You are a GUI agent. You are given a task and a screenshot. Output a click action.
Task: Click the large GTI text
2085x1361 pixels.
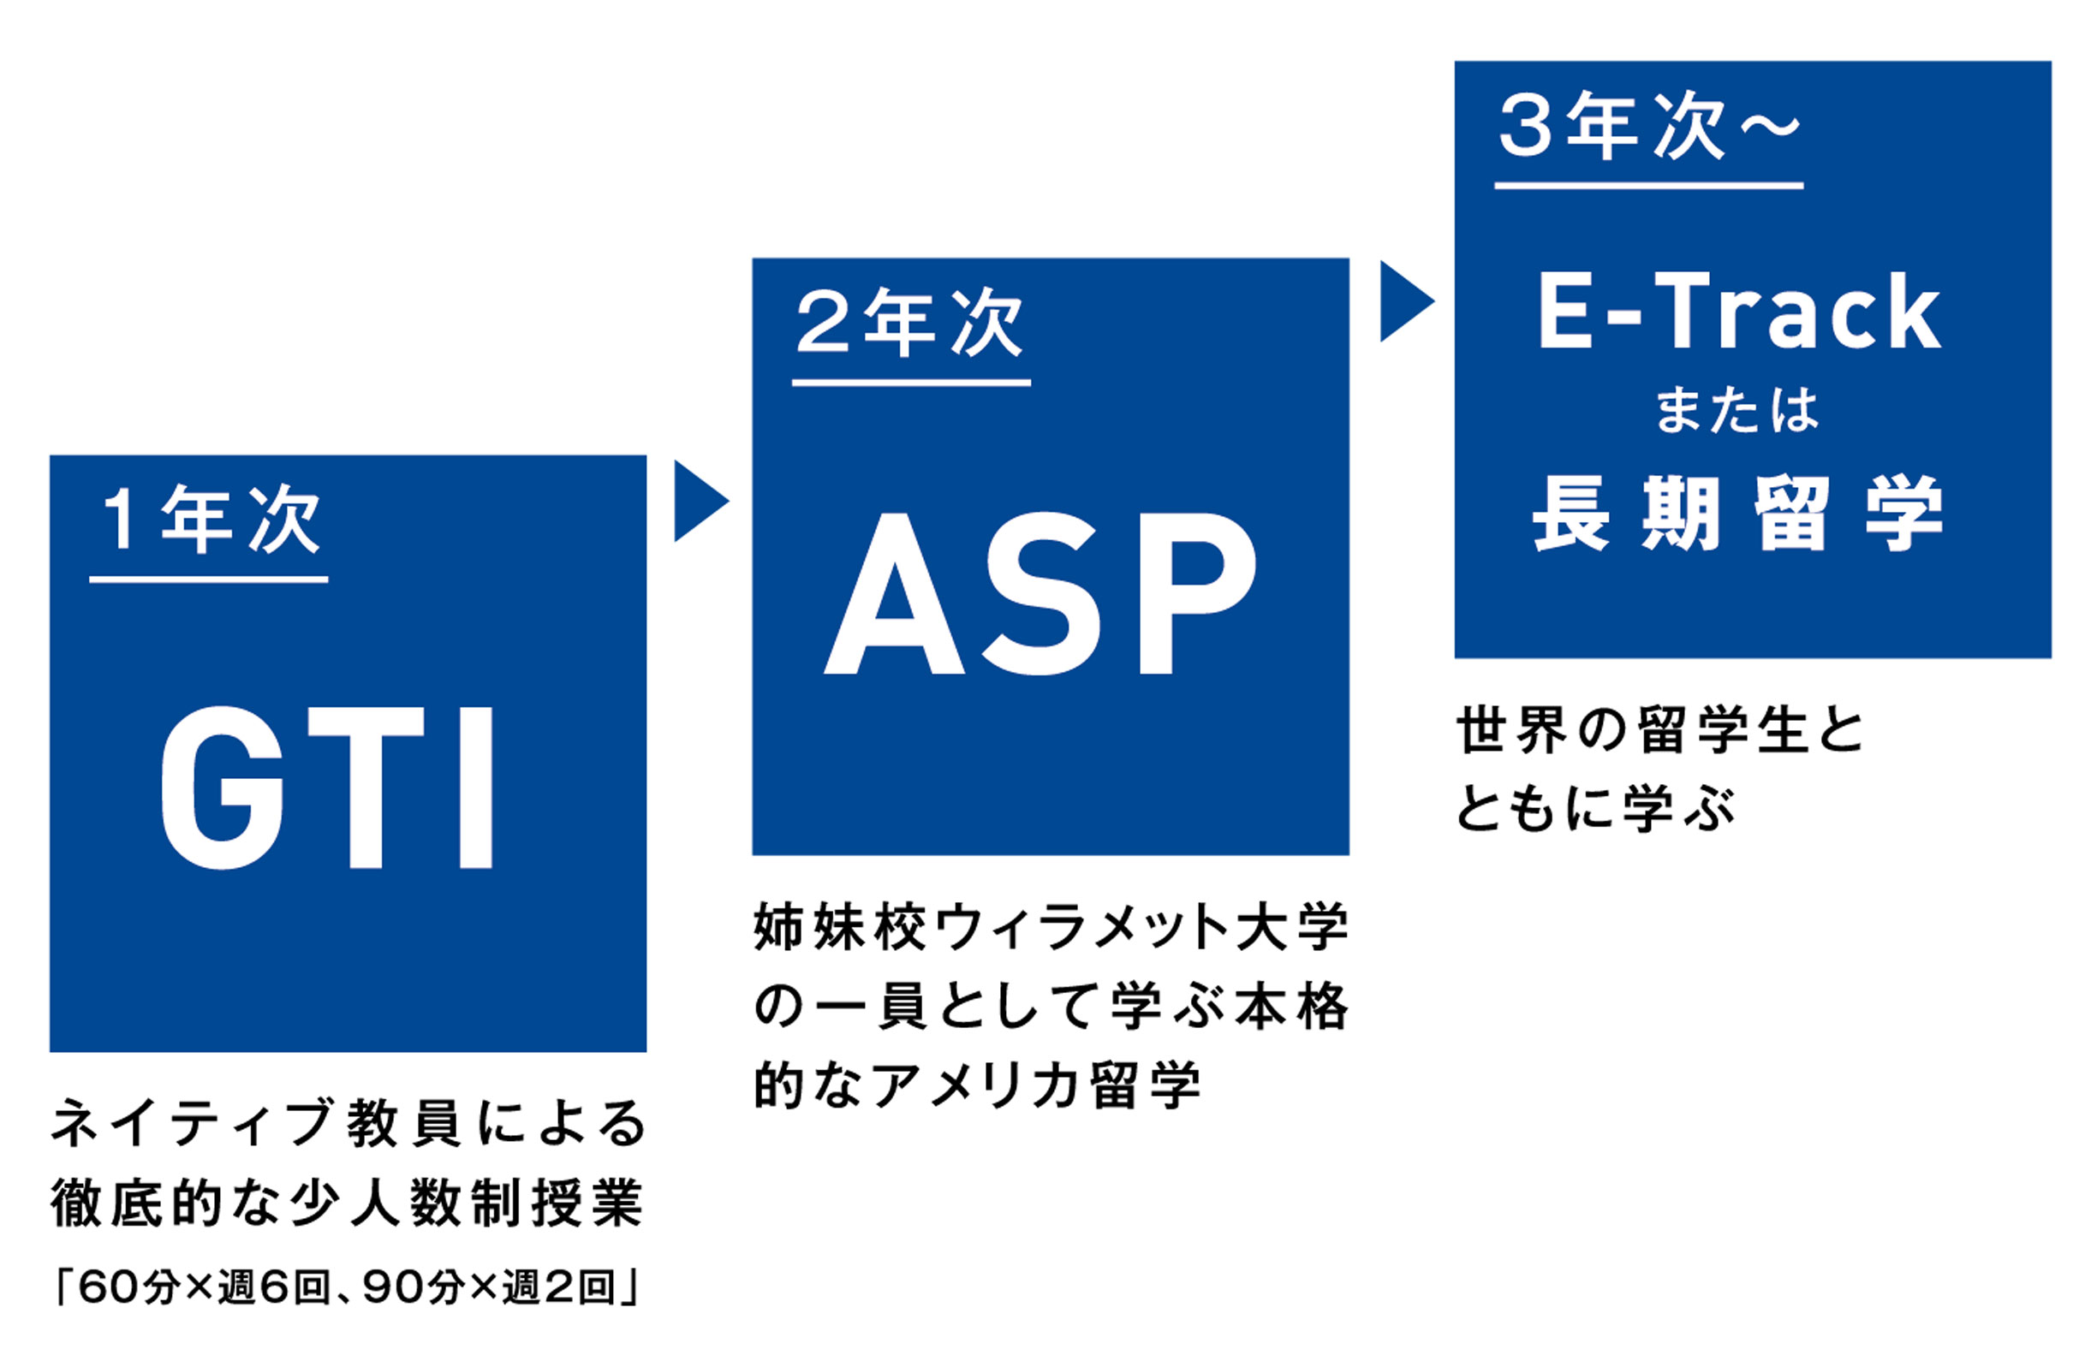328,787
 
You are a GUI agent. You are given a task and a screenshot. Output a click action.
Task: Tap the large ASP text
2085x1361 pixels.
1041,594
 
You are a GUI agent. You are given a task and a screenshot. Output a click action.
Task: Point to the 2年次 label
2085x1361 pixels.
909,323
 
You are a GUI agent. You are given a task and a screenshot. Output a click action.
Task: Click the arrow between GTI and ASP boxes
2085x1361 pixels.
700,501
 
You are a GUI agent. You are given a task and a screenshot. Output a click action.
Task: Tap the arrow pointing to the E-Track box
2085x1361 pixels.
1407,301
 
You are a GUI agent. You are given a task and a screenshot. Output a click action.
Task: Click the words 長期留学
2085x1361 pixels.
1738,514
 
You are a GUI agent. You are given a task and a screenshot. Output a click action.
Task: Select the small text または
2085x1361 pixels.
1737,411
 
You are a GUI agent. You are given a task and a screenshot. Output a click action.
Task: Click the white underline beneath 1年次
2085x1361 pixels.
209,579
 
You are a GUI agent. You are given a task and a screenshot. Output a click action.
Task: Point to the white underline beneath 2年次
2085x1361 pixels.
911,383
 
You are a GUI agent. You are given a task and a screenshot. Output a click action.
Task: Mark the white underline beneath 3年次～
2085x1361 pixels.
1648,186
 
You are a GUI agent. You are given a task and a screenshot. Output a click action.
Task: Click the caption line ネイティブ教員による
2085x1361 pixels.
348,1124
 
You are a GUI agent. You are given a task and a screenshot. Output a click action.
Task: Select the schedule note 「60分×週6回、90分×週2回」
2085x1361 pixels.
348,1287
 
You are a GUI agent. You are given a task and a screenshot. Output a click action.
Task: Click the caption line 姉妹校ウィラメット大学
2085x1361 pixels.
1051,928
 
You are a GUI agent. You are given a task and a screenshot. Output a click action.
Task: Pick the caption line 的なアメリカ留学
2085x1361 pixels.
977,1085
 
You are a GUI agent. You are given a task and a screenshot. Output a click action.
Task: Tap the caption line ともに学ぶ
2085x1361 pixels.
1595,807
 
